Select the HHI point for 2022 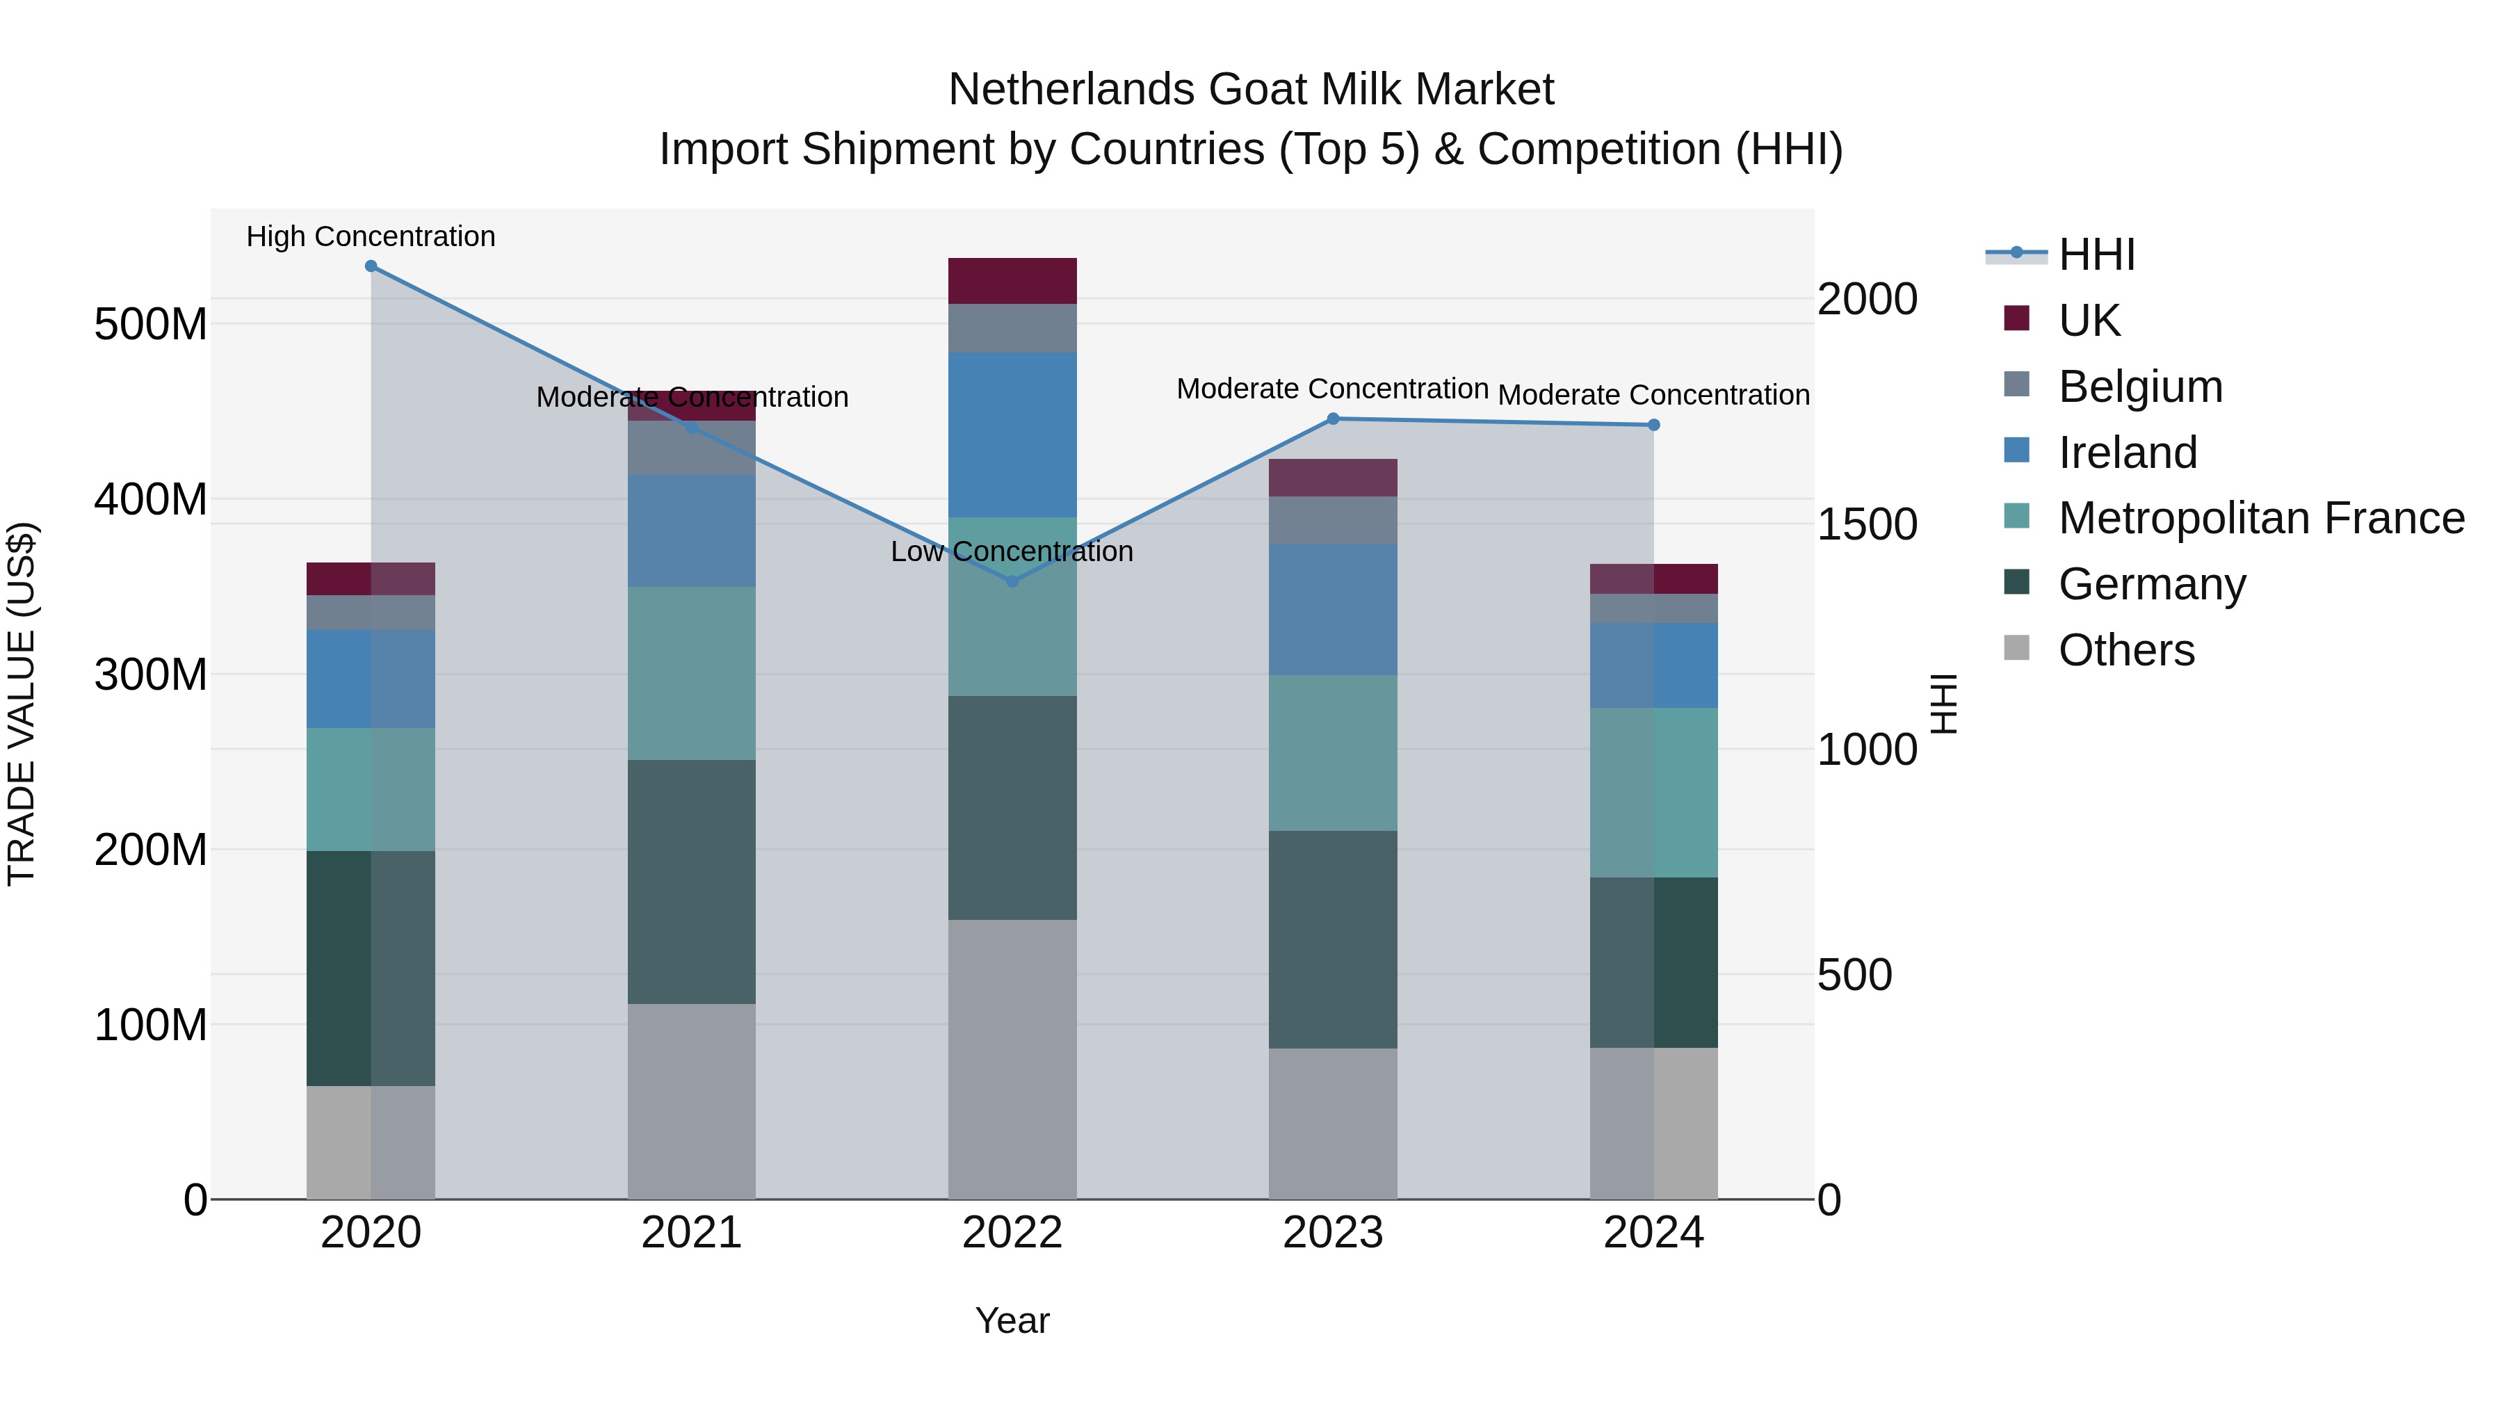pyautogui.click(x=1012, y=581)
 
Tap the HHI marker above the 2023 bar pyautogui.click(x=1332, y=419)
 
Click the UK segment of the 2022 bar pyautogui.click(x=1012, y=281)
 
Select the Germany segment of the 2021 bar pyautogui.click(x=691, y=882)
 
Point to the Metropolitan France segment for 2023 pyautogui.click(x=1332, y=752)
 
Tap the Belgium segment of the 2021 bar pyautogui.click(x=691, y=447)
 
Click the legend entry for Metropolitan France pyautogui.click(x=2260, y=518)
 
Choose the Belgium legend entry pyautogui.click(x=2139, y=387)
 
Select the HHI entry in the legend pyautogui.click(x=2096, y=254)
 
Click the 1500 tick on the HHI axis pyautogui.click(x=1867, y=525)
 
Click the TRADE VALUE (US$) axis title pyautogui.click(x=22, y=704)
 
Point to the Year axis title pyautogui.click(x=1012, y=1320)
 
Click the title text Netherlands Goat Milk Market pyautogui.click(x=1251, y=90)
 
